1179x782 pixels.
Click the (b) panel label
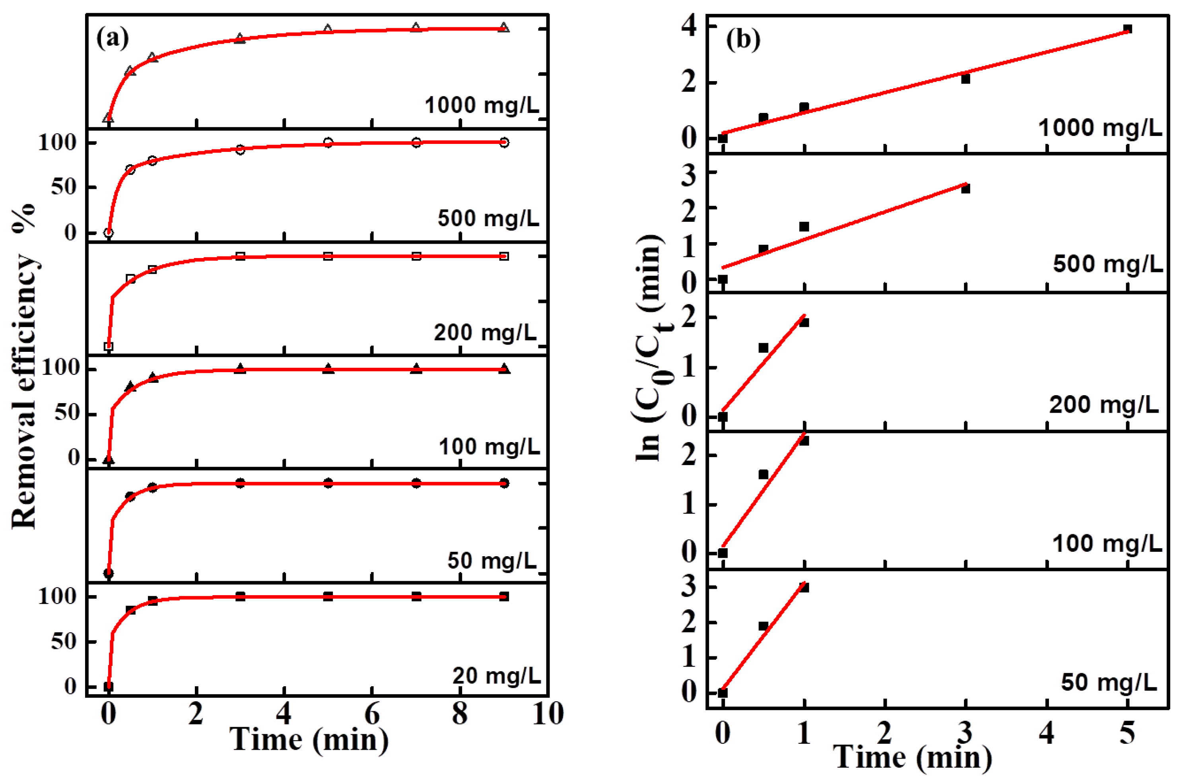tap(743, 39)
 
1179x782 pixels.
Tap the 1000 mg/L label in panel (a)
tap(482, 105)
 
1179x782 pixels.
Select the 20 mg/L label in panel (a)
tap(496, 676)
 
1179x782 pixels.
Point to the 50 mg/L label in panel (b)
tap(1109, 682)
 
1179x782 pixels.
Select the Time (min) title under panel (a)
tap(309, 739)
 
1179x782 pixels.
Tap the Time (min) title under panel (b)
tap(913, 757)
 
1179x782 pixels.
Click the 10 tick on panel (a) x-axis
tap(548, 714)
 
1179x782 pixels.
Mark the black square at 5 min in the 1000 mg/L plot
tap(1127, 29)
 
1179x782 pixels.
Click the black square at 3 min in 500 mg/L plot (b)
tap(965, 189)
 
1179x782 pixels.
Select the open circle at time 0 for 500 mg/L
tap(109, 233)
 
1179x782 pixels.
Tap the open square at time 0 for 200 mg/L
tap(109, 346)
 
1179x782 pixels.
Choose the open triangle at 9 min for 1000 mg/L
tap(504, 27)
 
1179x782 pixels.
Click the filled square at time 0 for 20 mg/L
tap(109, 686)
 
